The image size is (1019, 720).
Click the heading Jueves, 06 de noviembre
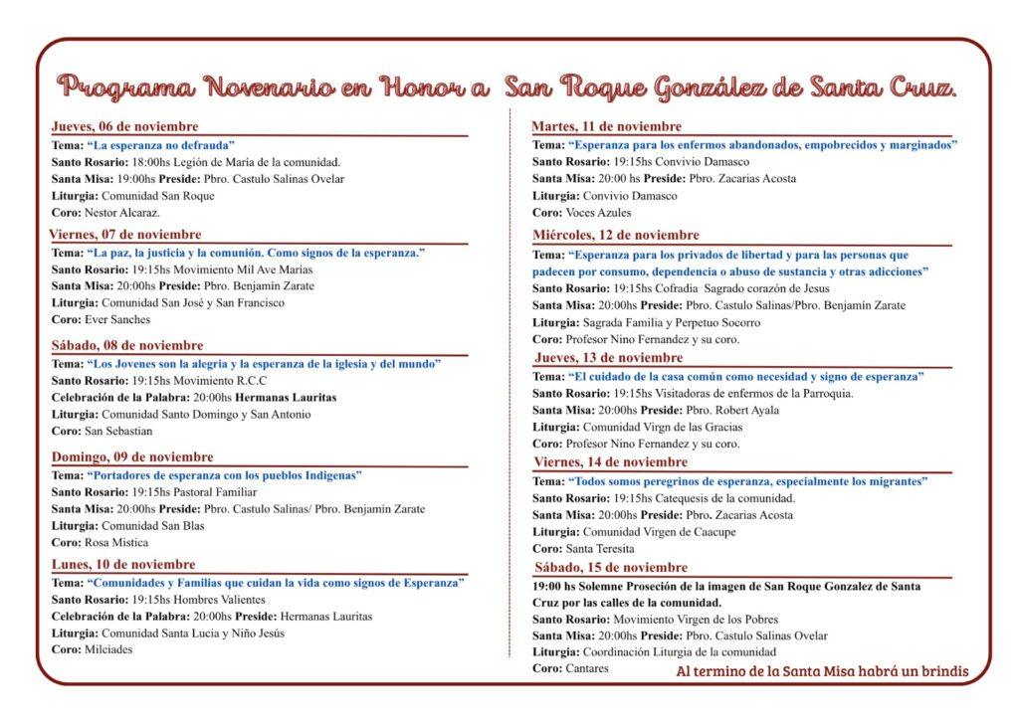124,126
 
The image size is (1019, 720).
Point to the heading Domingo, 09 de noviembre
132,456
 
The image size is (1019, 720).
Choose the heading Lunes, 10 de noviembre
123,564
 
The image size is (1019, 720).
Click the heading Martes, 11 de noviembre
607,126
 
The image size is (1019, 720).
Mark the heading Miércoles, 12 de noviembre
616,235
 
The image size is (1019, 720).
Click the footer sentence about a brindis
821,671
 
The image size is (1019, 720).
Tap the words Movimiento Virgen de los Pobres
689,620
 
